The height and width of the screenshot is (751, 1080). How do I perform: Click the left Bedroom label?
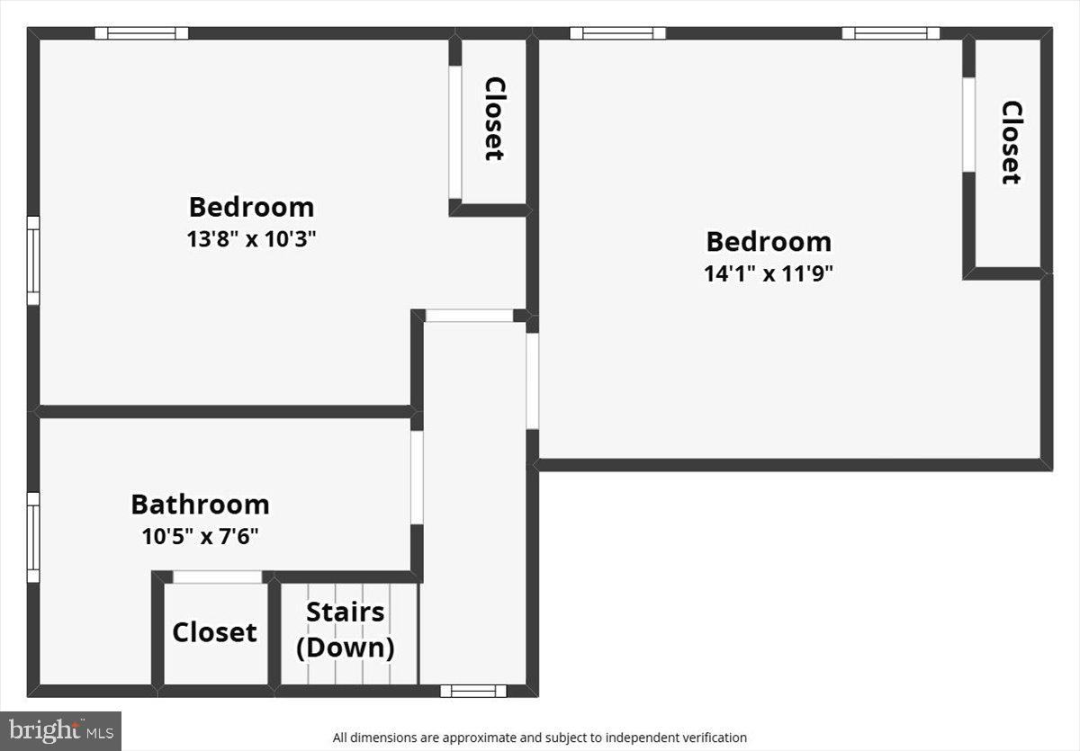[x=251, y=207]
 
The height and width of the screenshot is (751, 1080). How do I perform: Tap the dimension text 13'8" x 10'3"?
[x=251, y=239]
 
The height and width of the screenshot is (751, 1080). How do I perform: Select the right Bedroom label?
[x=768, y=241]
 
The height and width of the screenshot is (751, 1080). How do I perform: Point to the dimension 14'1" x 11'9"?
[x=768, y=273]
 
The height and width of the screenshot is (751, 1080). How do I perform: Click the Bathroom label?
[x=200, y=504]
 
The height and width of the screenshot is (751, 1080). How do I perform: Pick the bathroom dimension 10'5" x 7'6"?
[x=200, y=537]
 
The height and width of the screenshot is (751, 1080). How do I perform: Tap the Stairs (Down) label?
[x=346, y=630]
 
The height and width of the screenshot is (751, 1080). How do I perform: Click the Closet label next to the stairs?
[x=214, y=632]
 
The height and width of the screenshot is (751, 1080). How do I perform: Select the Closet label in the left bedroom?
[x=493, y=119]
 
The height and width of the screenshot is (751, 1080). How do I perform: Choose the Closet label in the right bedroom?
[x=1011, y=142]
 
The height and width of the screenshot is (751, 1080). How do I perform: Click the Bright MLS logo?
[x=60, y=730]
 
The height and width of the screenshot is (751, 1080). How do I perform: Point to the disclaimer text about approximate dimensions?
[x=539, y=738]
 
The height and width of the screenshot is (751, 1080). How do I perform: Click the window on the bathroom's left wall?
[x=33, y=537]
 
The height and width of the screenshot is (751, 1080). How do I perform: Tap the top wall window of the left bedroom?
[x=142, y=33]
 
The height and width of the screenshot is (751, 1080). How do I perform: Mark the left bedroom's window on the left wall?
[x=33, y=261]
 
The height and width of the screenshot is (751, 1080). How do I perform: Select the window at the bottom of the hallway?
[x=473, y=691]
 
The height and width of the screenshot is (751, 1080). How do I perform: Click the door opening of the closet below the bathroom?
[x=217, y=577]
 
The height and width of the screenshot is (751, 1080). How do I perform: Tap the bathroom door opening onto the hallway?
[x=417, y=478]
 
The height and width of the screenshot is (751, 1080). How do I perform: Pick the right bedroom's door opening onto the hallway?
[x=532, y=381]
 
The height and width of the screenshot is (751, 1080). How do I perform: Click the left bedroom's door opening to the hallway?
[x=469, y=316]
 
